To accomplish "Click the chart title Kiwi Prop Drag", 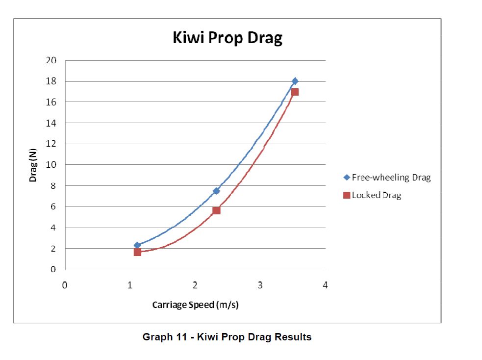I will [228, 38].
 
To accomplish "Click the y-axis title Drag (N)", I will [33, 165].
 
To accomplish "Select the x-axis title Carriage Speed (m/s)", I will [195, 305].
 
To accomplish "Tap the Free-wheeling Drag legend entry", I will [387, 178].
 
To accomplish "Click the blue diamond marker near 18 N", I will [295, 81].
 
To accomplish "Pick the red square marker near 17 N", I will [295, 92].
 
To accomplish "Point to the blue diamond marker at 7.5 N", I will [216, 191].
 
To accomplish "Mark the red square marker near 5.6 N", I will [216, 210].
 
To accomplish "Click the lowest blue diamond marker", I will [137, 245].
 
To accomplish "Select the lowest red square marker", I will [137, 252].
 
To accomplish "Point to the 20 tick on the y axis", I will [51, 60].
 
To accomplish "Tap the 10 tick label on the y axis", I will [51, 165].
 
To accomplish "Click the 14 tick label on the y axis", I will [51, 123].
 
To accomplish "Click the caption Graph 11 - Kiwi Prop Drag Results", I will [227, 337].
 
